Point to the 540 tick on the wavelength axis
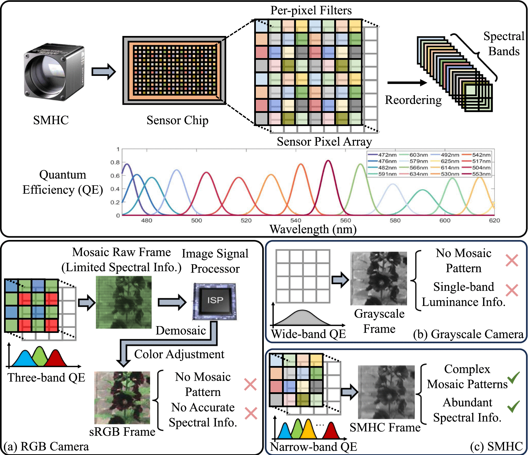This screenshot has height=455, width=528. (296, 220)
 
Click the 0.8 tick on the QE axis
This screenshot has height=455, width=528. (115, 162)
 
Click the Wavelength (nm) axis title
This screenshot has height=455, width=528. (313, 229)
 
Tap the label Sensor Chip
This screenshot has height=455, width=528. (177, 120)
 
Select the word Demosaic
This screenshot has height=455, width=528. (181, 331)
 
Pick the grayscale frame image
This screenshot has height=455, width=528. (378, 279)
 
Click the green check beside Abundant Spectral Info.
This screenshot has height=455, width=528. (513, 406)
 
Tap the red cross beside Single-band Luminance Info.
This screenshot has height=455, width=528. (512, 290)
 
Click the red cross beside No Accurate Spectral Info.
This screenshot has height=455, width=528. (251, 413)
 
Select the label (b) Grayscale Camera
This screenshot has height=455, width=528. (468, 334)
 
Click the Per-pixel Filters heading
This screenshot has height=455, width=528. (311, 11)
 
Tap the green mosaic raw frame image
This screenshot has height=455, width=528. (124, 302)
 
